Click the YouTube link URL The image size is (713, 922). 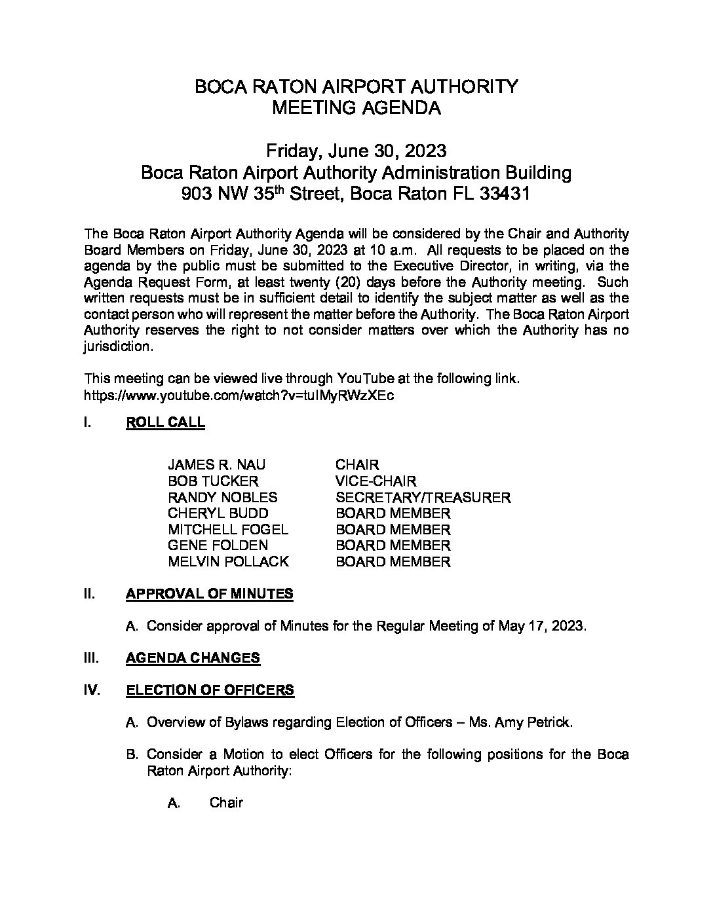click(239, 396)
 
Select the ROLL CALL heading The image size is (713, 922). click(165, 422)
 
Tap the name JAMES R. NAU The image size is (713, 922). click(217, 465)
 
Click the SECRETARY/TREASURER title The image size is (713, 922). click(423, 498)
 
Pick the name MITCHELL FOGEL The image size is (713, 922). click(227, 530)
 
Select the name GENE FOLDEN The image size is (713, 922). click(218, 545)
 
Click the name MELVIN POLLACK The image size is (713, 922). click(228, 562)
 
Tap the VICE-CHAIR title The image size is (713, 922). click(376, 481)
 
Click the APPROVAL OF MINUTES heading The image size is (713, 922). click(209, 594)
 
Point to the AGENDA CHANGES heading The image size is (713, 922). click(193, 658)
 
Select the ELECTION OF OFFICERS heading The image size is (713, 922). click(210, 690)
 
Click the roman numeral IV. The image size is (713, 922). click(92, 690)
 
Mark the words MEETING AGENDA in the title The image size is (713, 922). click(356, 108)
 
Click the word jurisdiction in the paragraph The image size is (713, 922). click(118, 347)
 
